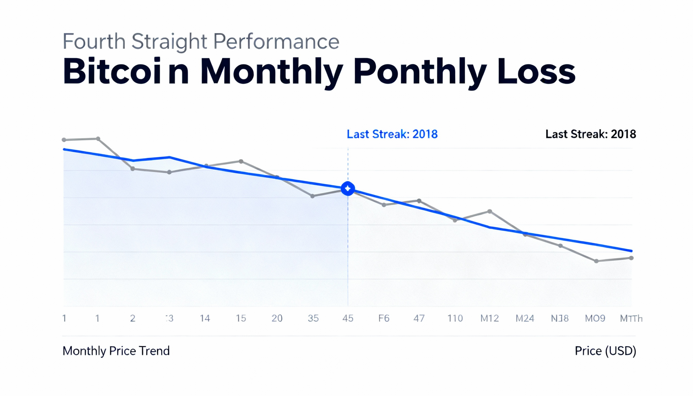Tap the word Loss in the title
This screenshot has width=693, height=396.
click(536, 71)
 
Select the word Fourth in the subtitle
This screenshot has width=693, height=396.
click(94, 41)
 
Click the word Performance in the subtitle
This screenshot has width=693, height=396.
click(276, 41)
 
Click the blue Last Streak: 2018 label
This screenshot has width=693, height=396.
click(392, 134)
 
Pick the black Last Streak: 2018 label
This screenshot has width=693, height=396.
click(591, 134)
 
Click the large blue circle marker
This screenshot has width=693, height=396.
click(348, 188)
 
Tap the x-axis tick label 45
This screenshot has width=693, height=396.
click(348, 318)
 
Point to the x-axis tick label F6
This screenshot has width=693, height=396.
click(384, 318)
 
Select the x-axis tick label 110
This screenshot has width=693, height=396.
click(455, 318)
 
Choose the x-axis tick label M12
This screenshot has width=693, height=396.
click(489, 318)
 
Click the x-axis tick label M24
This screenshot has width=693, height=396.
click(525, 318)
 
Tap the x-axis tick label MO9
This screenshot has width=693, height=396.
click(595, 318)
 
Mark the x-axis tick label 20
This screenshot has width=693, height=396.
click(277, 318)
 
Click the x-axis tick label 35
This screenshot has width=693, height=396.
click(313, 318)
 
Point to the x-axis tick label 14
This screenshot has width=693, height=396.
click(205, 318)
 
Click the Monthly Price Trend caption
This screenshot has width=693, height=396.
click(116, 351)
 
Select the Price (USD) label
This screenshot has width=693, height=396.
click(605, 351)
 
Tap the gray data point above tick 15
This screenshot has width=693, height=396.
click(241, 162)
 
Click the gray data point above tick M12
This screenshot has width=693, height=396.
click(489, 211)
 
